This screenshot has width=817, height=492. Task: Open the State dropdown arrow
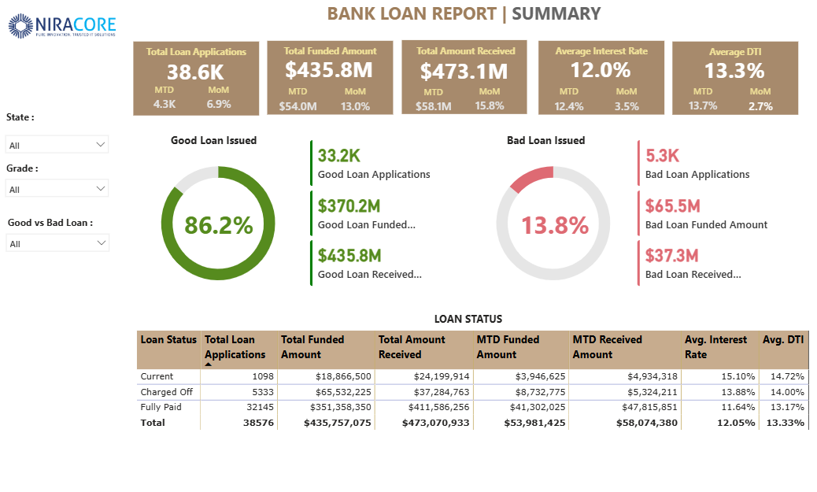point(100,144)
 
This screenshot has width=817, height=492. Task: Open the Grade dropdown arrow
point(100,188)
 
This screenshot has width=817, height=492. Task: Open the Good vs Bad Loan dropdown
point(57,243)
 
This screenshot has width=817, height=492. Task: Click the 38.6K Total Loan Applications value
point(196,72)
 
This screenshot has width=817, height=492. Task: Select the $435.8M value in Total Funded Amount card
point(329,70)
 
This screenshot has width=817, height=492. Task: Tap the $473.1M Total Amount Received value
point(464,72)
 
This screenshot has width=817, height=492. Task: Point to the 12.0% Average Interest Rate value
point(601,70)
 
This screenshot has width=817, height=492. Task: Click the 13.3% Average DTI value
point(734,71)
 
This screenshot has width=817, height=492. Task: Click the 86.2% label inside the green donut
point(219,225)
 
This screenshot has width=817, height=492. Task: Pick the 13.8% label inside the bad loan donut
point(555,226)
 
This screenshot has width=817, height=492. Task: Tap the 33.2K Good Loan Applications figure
point(339,156)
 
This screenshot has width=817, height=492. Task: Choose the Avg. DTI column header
point(782,340)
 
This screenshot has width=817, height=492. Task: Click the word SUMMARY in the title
point(556,13)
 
